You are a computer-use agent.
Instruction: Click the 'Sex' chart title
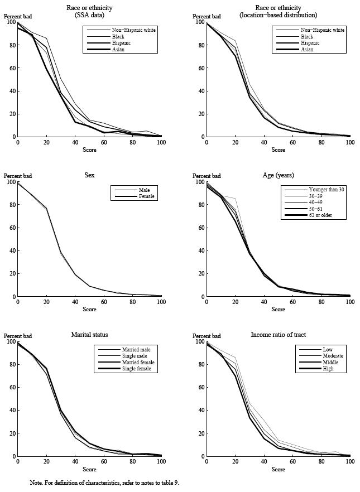pos(89,175)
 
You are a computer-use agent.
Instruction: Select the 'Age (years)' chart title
pos(278,175)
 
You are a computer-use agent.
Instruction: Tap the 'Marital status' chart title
pos(89,335)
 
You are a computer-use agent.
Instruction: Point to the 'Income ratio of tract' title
pos(278,335)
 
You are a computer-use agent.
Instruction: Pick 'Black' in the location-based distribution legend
pos(307,36)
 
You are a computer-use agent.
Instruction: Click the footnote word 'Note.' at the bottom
pos(36,483)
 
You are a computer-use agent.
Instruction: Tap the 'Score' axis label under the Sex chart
pos(89,310)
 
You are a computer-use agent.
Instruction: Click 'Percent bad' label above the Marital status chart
pos(18,336)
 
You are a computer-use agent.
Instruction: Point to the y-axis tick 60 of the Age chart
pos(201,228)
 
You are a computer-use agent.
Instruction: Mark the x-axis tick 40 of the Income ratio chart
pos(264,462)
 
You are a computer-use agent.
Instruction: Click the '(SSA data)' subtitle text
pos(89,15)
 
